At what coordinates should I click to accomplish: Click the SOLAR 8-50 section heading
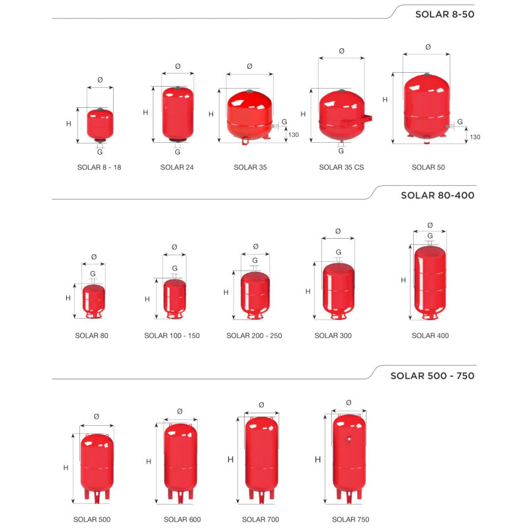(x=444, y=14)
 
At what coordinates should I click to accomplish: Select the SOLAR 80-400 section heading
(x=438, y=195)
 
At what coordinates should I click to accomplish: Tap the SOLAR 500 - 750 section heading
(x=432, y=376)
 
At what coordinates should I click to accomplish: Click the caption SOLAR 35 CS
(x=341, y=167)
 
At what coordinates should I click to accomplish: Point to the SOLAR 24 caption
(x=177, y=167)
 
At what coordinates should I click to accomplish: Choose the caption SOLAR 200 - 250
(x=254, y=336)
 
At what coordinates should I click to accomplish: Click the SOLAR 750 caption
(x=350, y=520)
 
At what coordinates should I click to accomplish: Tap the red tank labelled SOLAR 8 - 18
(x=101, y=125)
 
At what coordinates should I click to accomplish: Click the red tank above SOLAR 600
(x=181, y=461)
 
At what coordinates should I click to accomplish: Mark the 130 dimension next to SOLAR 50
(x=475, y=137)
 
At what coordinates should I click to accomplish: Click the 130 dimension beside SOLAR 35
(x=294, y=135)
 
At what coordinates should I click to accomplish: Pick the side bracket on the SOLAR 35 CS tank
(x=357, y=120)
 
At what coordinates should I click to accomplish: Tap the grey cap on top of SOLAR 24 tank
(x=178, y=88)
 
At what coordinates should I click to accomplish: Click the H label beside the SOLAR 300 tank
(x=308, y=292)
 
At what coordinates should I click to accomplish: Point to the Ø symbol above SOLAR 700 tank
(x=261, y=405)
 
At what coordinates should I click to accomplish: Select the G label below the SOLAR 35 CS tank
(x=341, y=151)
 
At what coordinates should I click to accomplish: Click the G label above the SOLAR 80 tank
(x=93, y=274)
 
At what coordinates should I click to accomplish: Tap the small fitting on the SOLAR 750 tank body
(x=349, y=439)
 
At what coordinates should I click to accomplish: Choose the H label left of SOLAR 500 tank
(x=65, y=468)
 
